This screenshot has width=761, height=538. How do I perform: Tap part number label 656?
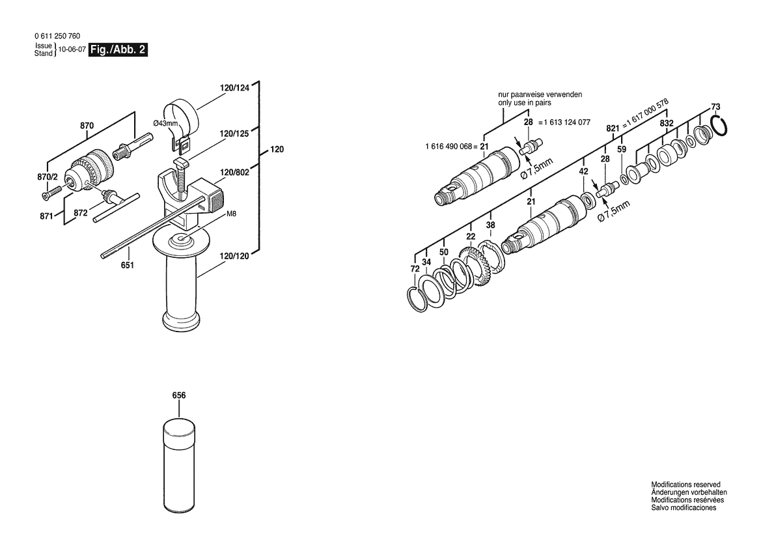[x=179, y=395]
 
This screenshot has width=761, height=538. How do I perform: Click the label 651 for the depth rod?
[x=127, y=265]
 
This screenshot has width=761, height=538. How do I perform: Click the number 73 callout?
[x=715, y=107]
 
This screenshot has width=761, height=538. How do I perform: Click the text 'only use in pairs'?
[x=528, y=103]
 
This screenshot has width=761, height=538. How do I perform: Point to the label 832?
[x=666, y=123]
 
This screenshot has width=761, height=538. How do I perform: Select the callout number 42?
[x=583, y=171]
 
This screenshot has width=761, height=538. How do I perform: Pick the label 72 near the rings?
[x=415, y=269]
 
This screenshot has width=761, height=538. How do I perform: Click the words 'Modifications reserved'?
[x=685, y=485]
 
